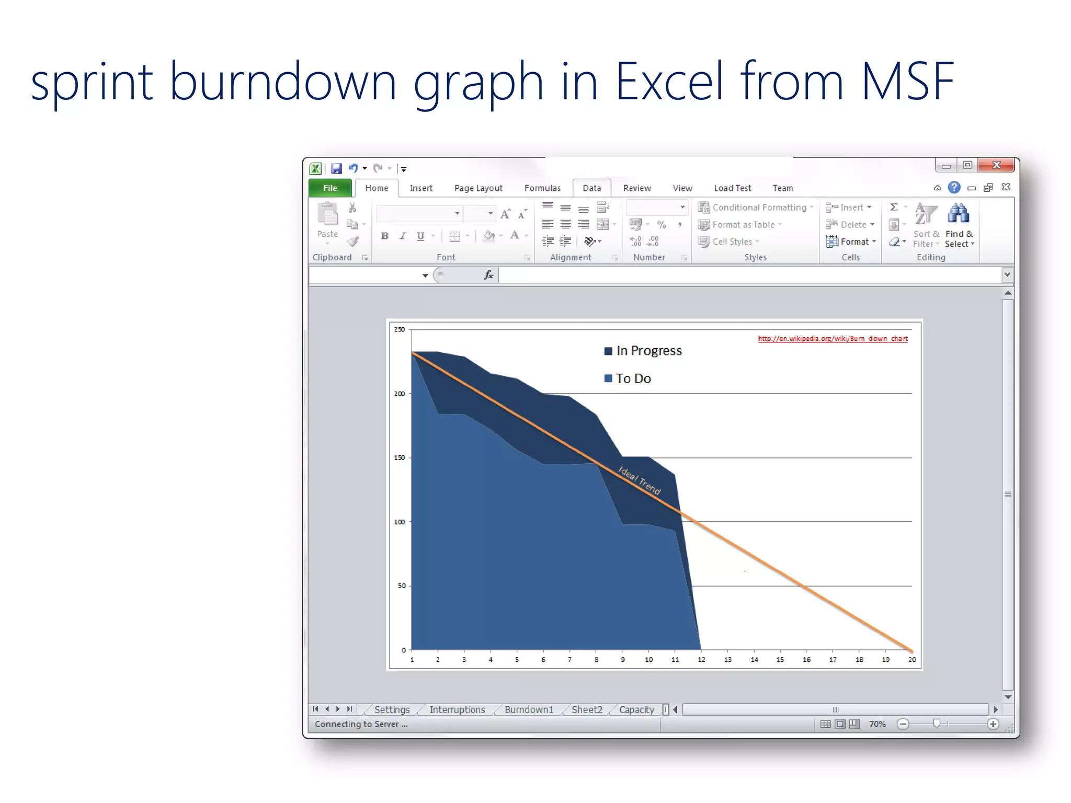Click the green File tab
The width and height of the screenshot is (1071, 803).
tap(330, 188)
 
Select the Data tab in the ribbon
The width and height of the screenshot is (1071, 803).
tap(591, 188)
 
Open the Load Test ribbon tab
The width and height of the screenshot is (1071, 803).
tap(732, 188)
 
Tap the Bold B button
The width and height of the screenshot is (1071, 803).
tap(385, 236)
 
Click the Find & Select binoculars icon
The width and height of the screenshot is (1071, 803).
tap(958, 214)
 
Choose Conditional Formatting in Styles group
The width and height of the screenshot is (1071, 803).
tap(759, 208)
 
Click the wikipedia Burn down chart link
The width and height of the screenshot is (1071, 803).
tap(833, 339)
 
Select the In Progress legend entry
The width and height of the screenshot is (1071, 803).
tap(648, 351)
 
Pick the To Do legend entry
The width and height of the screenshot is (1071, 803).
tap(633, 378)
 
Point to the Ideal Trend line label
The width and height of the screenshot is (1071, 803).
tap(640, 480)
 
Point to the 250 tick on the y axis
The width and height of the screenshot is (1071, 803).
tap(400, 329)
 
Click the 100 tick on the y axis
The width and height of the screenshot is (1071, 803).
tap(400, 522)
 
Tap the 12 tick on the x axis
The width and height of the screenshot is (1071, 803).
tap(701, 660)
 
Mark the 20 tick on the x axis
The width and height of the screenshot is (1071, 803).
tap(912, 660)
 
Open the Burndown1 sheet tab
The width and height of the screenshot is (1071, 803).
tap(529, 709)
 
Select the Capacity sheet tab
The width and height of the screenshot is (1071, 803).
tap(636, 709)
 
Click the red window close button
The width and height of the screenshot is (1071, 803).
tap(996, 165)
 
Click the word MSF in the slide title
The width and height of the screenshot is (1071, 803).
tap(907, 82)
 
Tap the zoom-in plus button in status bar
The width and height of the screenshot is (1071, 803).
tap(993, 724)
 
